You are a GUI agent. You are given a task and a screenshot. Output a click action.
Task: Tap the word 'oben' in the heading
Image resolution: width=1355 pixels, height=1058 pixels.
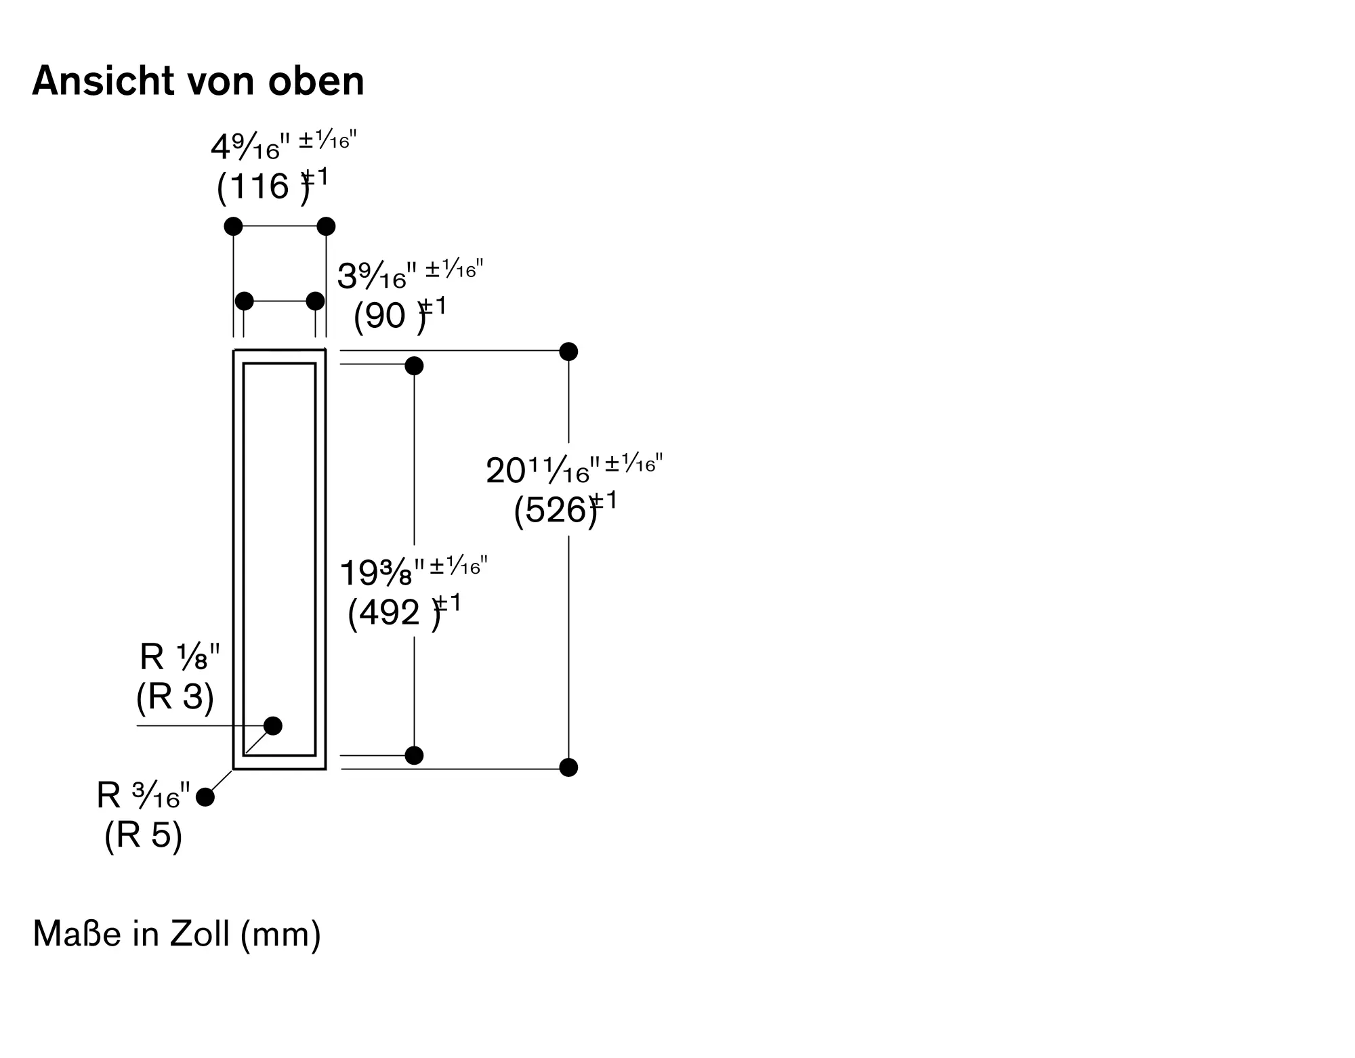[316, 81]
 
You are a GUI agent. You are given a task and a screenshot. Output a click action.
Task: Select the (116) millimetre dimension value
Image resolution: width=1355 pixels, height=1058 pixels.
[264, 186]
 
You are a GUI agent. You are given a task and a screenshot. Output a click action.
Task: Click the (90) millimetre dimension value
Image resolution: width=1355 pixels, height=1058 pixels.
[390, 316]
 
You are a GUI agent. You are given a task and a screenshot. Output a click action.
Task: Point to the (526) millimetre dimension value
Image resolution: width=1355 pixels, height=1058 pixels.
[556, 510]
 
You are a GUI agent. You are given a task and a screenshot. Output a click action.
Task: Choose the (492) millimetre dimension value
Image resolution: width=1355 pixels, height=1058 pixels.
[394, 613]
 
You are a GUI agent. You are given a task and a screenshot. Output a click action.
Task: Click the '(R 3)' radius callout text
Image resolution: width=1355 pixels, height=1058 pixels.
[175, 696]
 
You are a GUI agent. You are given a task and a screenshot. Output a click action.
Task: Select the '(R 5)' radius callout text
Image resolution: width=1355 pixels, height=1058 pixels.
[143, 834]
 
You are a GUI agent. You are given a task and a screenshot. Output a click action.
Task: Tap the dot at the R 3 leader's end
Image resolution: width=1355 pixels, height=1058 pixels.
[273, 725]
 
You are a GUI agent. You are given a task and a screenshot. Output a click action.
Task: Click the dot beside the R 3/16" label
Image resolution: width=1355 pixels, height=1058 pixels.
[205, 797]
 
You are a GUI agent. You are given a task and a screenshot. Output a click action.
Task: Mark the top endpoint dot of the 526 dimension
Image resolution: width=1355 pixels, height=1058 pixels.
[568, 352]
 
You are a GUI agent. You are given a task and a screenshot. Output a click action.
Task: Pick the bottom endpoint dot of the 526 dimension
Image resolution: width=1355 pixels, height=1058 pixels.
[568, 767]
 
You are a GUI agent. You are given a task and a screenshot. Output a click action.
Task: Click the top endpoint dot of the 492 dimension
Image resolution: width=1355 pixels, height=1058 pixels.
[414, 366]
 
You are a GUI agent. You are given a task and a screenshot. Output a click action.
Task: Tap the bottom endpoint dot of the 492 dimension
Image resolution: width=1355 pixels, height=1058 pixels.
[414, 755]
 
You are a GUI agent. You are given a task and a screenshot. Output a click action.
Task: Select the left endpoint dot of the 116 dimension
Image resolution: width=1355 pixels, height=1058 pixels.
[233, 226]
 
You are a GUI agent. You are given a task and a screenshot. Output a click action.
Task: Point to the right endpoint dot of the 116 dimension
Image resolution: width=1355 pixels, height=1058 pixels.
[326, 226]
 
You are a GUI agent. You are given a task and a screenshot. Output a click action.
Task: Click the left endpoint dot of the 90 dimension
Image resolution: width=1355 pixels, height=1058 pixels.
[244, 301]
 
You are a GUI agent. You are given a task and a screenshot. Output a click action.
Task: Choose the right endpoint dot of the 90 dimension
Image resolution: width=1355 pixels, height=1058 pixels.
[315, 301]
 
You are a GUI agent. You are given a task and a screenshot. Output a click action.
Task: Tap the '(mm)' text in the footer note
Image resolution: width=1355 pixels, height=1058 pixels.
[280, 935]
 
